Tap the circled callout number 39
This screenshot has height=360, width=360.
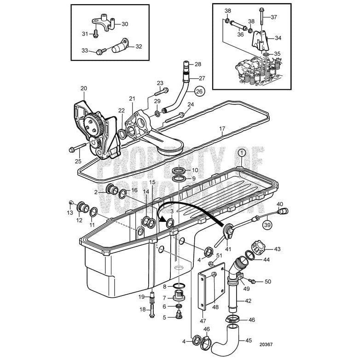click(267, 225)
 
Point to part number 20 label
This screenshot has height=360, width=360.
click(83, 88)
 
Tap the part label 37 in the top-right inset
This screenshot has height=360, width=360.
click(274, 17)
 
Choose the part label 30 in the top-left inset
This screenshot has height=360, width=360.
click(125, 24)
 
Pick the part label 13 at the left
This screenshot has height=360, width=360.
click(70, 213)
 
